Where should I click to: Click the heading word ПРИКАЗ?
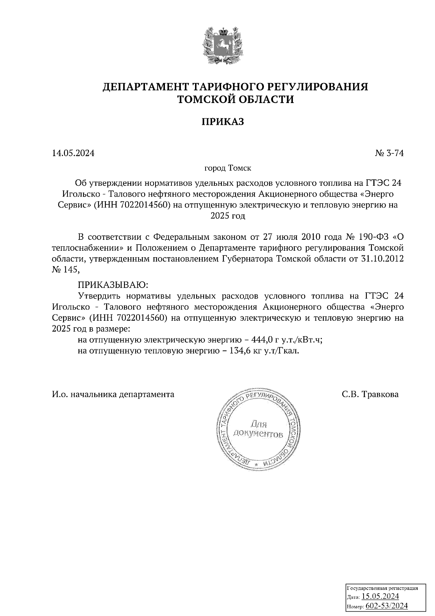pos(223,122)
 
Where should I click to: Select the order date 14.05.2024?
pos(73,153)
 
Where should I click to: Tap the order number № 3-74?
pos(389,153)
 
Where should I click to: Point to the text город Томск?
pos(228,169)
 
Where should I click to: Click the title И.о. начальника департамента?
pos(113,394)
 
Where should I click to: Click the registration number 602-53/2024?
pos(386,606)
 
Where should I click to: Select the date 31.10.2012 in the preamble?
pos(383,259)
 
